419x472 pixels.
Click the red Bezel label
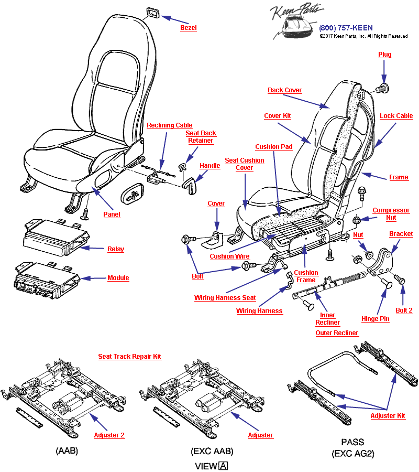tap(188, 28)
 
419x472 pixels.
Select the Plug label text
tap(384, 55)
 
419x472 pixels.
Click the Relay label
tap(115, 249)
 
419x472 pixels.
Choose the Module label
tap(118, 278)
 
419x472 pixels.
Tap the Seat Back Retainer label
tap(201, 137)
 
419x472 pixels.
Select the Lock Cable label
tap(396, 116)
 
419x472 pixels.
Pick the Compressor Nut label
tap(391, 214)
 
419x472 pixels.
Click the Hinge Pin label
tap(375, 319)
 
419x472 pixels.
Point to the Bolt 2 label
tap(404, 310)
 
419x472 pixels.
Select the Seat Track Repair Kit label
tap(129, 357)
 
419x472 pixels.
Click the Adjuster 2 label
tap(109, 435)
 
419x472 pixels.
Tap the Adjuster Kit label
tap(388, 416)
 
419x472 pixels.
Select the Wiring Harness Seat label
tap(225, 298)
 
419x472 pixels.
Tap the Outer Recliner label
tap(337, 333)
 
